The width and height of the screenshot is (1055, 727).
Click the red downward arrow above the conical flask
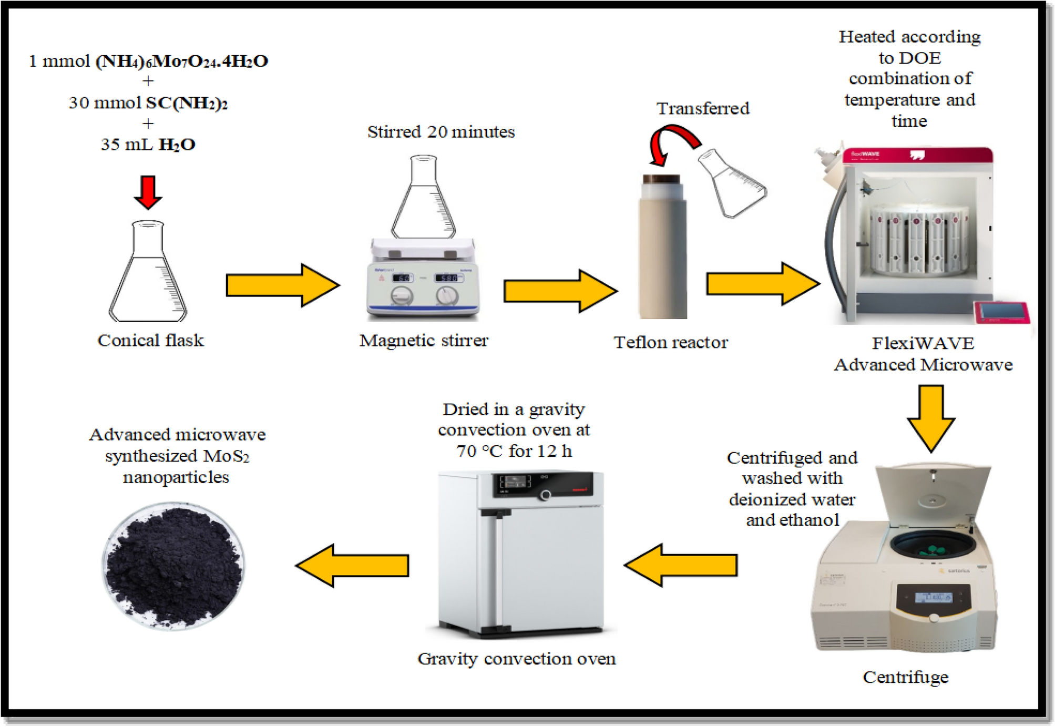click(148, 192)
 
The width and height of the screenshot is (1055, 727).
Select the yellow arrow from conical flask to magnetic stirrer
click(282, 285)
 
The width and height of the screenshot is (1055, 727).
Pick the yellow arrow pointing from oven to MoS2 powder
click(353, 566)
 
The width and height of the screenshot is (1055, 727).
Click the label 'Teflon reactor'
click(671, 342)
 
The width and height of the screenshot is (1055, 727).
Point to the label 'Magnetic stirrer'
click(424, 340)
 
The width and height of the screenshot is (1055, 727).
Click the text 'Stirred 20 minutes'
click(441, 131)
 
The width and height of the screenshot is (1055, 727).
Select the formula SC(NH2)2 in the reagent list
click(187, 103)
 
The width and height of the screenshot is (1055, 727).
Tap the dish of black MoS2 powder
click(173, 566)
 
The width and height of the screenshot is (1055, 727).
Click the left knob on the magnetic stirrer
click(402, 296)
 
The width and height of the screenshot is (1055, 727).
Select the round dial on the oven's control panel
click(546, 494)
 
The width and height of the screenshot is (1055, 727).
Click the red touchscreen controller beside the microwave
click(1002, 312)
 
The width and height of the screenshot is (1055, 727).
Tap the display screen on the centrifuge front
click(933, 597)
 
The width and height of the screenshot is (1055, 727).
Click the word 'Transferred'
click(703, 108)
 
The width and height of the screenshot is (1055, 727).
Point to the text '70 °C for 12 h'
click(514, 451)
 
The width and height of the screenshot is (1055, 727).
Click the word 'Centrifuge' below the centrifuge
click(905, 677)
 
